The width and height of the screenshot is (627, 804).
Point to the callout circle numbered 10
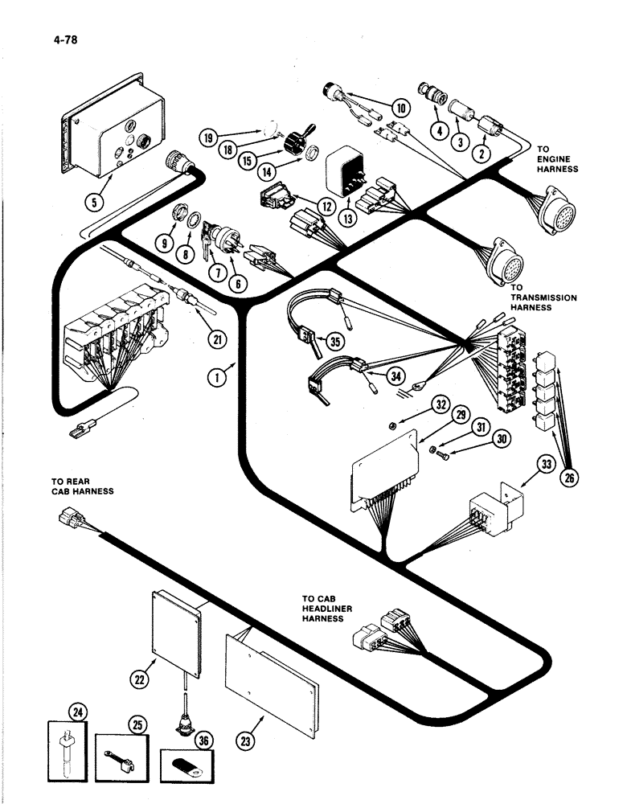(x=400, y=108)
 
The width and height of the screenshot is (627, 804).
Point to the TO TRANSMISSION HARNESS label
(x=543, y=303)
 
